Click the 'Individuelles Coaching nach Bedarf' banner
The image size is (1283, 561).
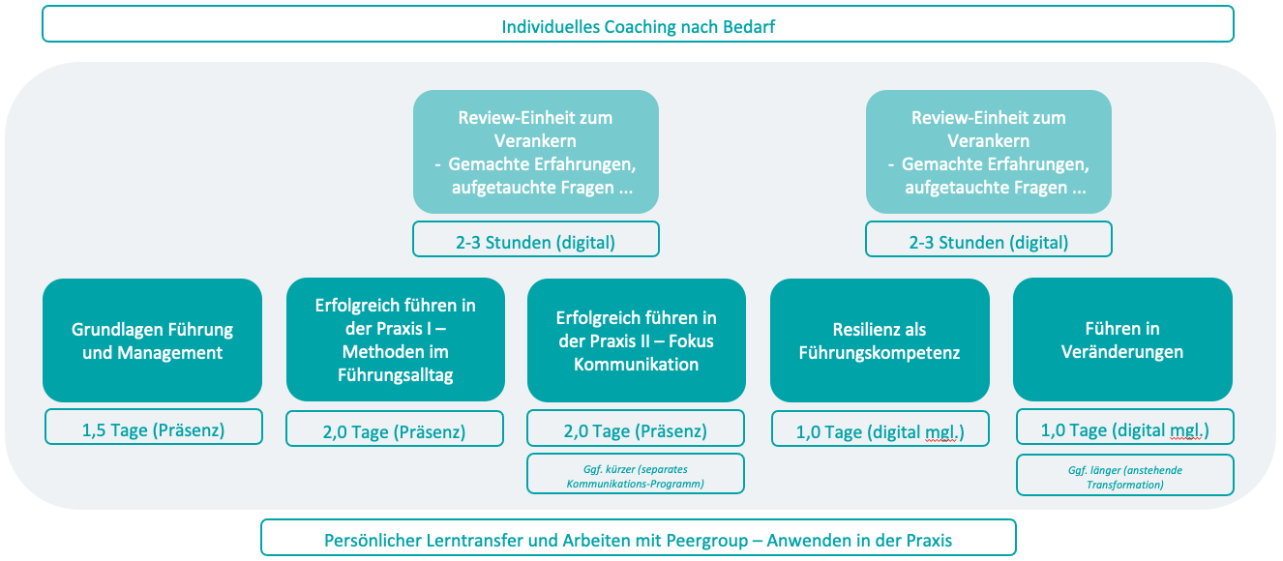pyautogui.click(x=638, y=24)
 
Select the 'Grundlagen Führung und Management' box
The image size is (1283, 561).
pyautogui.click(x=152, y=340)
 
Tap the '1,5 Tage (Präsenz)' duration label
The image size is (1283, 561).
pyautogui.click(x=154, y=428)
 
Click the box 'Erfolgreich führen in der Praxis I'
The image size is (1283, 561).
pyautogui.click(x=395, y=340)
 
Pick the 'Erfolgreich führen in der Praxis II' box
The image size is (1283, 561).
pyautogui.click(x=637, y=340)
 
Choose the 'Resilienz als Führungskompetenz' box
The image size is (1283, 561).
pyautogui.click(x=880, y=340)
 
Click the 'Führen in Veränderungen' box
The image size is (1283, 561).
pyautogui.click(x=1122, y=340)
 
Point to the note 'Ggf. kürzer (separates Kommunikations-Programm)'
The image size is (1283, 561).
pyautogui.click(x=636, y=473)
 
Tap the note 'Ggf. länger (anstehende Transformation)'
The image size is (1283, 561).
pyautogui.click(x=1125, y=475)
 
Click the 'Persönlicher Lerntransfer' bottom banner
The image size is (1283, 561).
pyautogui.click(x=638, y=538)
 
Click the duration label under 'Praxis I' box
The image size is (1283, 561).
pyautogui.click(x=395, y=428)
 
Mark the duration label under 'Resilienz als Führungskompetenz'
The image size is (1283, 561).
pyautogui.click(x=880, y=428)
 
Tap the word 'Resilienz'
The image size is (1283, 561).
pyautogui.click(x=855, y=329)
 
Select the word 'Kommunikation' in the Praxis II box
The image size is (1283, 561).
pyautogui.click(x=637, y=364)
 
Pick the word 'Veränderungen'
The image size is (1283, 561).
pyautogui.click(x=1122, y=351)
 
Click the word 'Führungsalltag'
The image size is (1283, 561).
pyautogui.click(x=395, y=375)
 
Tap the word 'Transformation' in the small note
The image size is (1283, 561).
pyautogui.click(x=1125, y=485)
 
